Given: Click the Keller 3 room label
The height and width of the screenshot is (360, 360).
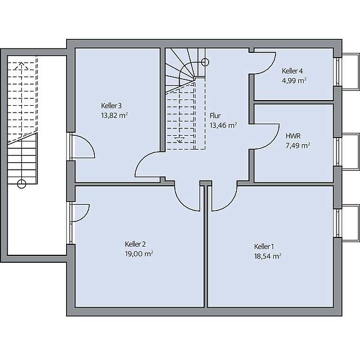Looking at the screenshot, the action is (x=112, y=106).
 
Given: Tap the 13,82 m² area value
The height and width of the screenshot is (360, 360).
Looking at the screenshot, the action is (x=114, y=115).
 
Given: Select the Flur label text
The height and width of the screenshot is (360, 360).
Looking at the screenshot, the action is (x=215, y=116).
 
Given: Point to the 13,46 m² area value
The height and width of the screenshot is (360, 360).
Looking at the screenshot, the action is (x=223, y=125).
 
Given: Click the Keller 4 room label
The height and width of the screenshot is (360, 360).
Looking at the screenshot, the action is (x=292, y=71).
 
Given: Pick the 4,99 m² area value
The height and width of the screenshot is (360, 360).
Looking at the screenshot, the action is (x=294, y=81).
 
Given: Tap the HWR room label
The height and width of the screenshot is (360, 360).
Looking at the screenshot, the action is (x=293, y=136).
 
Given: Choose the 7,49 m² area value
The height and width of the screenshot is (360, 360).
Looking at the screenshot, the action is (x=298, y=145).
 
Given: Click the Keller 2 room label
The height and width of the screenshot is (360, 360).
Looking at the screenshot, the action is (x=135, y=244).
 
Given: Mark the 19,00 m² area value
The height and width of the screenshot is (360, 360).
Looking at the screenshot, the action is (x=139, y=254).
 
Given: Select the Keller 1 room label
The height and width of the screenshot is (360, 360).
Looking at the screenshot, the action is (x=264, y=247).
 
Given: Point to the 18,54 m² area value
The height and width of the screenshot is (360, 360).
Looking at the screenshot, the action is (x=268, y=256).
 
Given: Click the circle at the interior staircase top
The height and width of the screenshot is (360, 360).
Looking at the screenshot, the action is (x=205, y=62).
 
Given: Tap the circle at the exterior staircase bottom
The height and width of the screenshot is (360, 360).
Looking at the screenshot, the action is (x=22, y=183).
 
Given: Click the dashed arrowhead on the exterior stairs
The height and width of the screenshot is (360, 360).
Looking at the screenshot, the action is (x=21, y=66).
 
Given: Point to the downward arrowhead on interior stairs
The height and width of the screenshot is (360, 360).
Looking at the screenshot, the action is (x=179, y=140).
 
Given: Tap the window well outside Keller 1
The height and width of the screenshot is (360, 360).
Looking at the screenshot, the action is (x=351, y=223).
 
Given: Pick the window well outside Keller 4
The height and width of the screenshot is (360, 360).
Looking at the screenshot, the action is (x=351, y=71).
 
